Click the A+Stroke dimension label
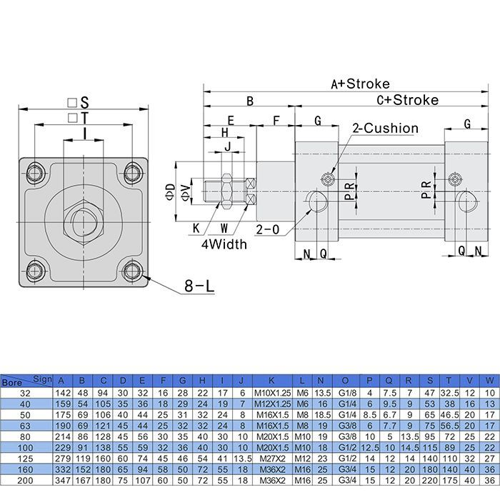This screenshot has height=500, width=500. (360, 84)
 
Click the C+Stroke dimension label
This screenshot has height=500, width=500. (407, 100)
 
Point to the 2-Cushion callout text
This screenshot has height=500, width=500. (385, 129)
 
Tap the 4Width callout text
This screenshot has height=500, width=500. (223, 244)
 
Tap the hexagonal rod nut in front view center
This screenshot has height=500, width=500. (84, 221)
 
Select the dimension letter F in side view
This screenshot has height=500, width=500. (276, 121)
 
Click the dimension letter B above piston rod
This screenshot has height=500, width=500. (249, 101)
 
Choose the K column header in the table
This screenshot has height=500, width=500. (272, 379)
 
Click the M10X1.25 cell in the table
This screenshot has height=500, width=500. (272, 392)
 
